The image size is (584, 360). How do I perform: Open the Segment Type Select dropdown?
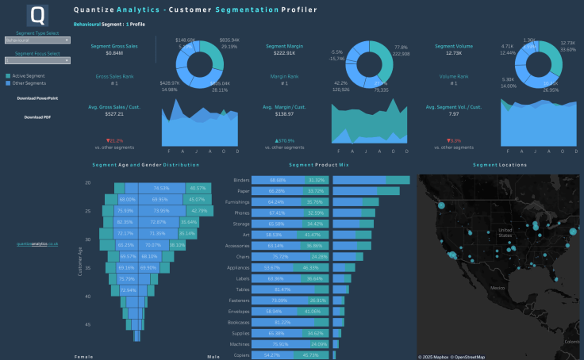pos(37,39)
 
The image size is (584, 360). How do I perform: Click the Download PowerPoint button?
pos(37,98)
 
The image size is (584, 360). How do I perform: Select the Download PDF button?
pos(37,117)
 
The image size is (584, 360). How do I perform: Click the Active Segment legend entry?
pos(28,75)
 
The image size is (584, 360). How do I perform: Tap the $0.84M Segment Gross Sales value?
pos(113,53)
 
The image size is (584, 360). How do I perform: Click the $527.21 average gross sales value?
pos(113,114)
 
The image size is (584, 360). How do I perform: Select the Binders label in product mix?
pos(242,180)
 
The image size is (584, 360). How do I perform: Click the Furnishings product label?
pos(238,202)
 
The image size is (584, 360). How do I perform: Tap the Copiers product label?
pos(242,356)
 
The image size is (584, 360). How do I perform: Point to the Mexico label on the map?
pos(498,287)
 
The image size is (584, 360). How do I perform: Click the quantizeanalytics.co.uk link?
pos(37,244)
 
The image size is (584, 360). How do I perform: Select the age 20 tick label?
pos(109,182)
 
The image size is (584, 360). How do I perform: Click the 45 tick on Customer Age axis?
pos(109,324)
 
